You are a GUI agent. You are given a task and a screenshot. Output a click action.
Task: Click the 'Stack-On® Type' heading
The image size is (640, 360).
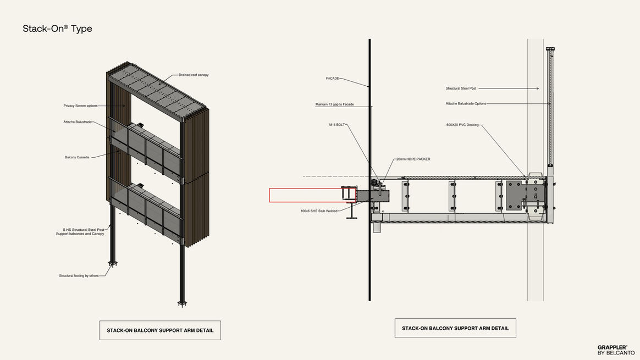point(57,29)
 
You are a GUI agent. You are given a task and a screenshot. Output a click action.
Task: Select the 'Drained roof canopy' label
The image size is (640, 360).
point(194,75)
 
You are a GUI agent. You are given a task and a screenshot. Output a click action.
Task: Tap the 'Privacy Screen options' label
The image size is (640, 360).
point(80,106)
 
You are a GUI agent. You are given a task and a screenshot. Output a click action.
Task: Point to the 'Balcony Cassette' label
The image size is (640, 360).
point(77,157)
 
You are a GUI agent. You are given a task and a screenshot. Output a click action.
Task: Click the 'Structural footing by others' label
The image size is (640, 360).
point(79,276)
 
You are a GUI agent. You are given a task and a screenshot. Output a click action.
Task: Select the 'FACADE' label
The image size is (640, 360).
point(332,79)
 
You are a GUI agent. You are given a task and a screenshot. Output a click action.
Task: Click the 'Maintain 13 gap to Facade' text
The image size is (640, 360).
point(335,104)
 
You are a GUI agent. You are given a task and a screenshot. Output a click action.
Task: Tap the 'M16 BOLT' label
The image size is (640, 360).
point(336,125)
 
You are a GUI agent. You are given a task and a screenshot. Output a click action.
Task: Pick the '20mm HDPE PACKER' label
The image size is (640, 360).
point(413,159)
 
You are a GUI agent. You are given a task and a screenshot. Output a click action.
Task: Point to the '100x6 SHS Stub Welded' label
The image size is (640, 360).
point(319,211)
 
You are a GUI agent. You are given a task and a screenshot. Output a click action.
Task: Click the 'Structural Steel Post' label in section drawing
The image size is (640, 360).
point(461,88)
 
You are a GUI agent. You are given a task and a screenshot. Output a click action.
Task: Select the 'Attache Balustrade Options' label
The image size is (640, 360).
point(466,104)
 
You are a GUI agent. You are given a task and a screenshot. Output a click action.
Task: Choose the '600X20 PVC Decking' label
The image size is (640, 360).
point(462,125)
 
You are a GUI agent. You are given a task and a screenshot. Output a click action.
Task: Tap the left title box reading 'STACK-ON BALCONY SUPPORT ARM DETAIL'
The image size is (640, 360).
point(160,330)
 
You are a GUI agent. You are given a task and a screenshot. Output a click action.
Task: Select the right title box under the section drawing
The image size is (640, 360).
point(455,328)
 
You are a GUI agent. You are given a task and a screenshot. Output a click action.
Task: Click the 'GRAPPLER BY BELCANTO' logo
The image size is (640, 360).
point(616,350)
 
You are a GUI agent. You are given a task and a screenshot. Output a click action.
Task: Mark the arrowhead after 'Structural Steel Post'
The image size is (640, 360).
point(537,88)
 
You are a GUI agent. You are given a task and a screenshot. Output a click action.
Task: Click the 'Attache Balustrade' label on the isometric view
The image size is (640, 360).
point(77,122)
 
